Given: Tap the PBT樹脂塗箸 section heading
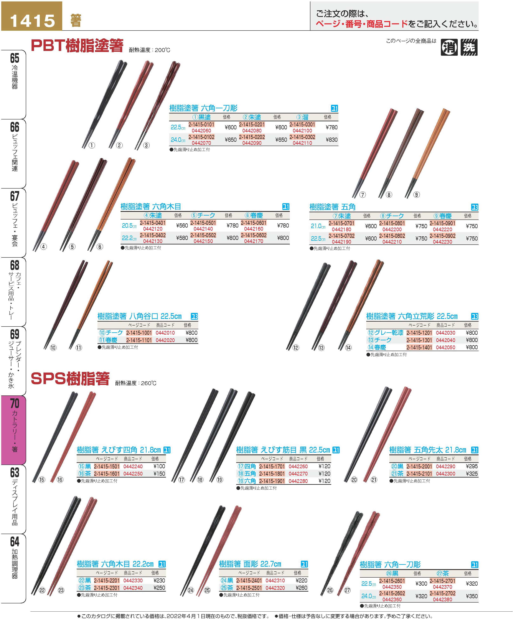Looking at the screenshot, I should tap(77, 46).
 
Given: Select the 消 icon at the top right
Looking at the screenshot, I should tap(449, 47).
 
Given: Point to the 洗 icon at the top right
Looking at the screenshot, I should tap(469, 47).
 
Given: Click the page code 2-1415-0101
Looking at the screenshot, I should tap(201, 125).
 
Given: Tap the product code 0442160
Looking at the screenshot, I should tap(254, 229).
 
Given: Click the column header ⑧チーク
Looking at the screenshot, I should tap(392, 216).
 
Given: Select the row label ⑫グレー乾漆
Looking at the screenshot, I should tap(385, 333).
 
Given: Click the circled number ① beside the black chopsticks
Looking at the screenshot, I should tap(92, 145).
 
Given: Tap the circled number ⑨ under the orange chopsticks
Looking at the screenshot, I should tap(416, 195).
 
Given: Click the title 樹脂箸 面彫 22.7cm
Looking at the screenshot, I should tap(250, 564).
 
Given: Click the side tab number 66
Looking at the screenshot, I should tap(14, 127).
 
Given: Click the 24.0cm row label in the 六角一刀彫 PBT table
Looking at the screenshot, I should tap(178, 140).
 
